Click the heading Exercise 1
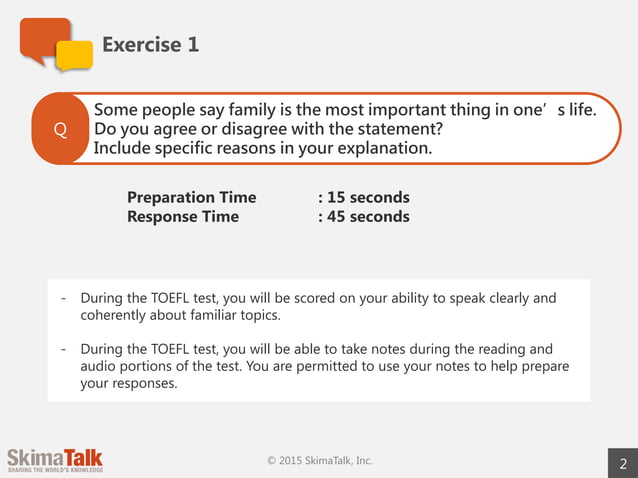(x=150, y=44)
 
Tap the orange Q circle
(x=60, y=130)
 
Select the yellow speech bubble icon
(x=74, y=56)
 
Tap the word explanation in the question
(x=383, y=148)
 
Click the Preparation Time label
(x=191, y=197)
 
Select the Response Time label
(x=183, y=216)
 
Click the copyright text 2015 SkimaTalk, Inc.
(x=320, y=460)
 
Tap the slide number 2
(x=623, y=463)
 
